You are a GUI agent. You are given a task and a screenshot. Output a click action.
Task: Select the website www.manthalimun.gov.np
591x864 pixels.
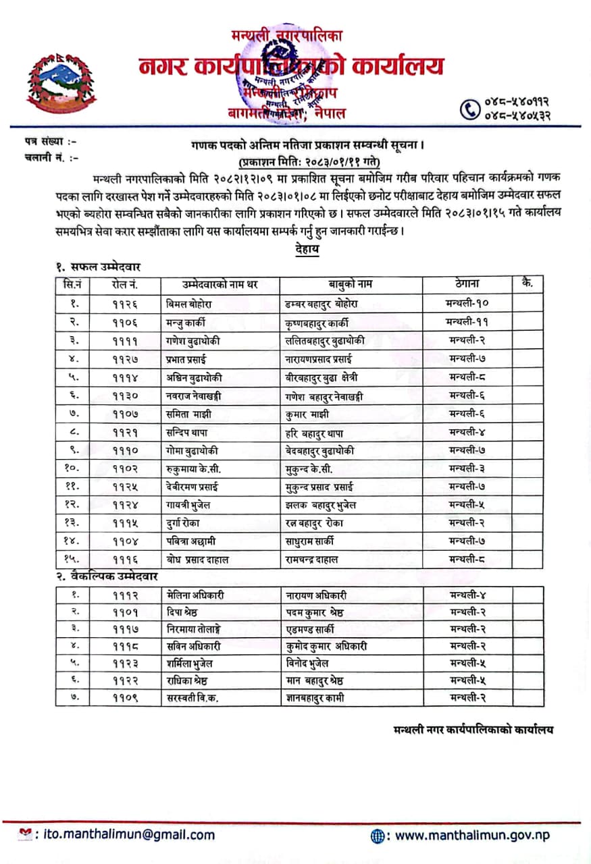[x=472, y=835]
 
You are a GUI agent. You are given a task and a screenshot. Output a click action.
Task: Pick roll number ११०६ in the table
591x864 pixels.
[x=126, y=322]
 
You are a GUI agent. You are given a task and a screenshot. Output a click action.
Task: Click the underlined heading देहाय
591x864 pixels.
[x=307, y=250]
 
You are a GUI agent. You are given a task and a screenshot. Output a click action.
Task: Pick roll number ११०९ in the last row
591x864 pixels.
[x=126, y=697]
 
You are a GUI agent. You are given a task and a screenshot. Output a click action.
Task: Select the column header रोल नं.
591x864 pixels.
[x=126, y=284]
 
